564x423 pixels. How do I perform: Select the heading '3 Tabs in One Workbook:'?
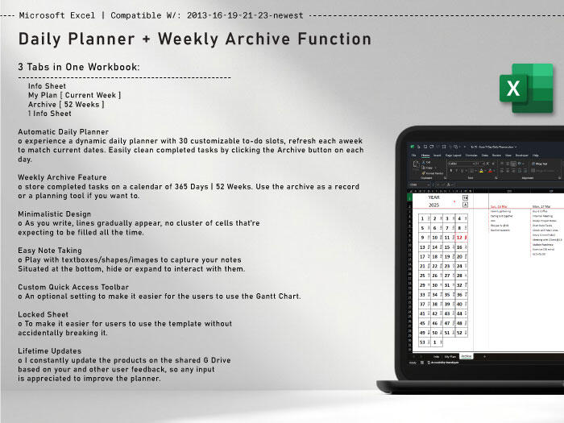click(x=79, y=66)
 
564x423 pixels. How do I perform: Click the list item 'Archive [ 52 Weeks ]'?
click(x=75, y=104)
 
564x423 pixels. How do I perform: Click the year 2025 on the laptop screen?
click(x=433, y=205)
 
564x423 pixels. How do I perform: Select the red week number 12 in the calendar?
click(x=459, y=237)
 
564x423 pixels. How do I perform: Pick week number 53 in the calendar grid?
click(x=423, y=342)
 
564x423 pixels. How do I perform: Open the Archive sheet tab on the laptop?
click(x=466, y=355)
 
